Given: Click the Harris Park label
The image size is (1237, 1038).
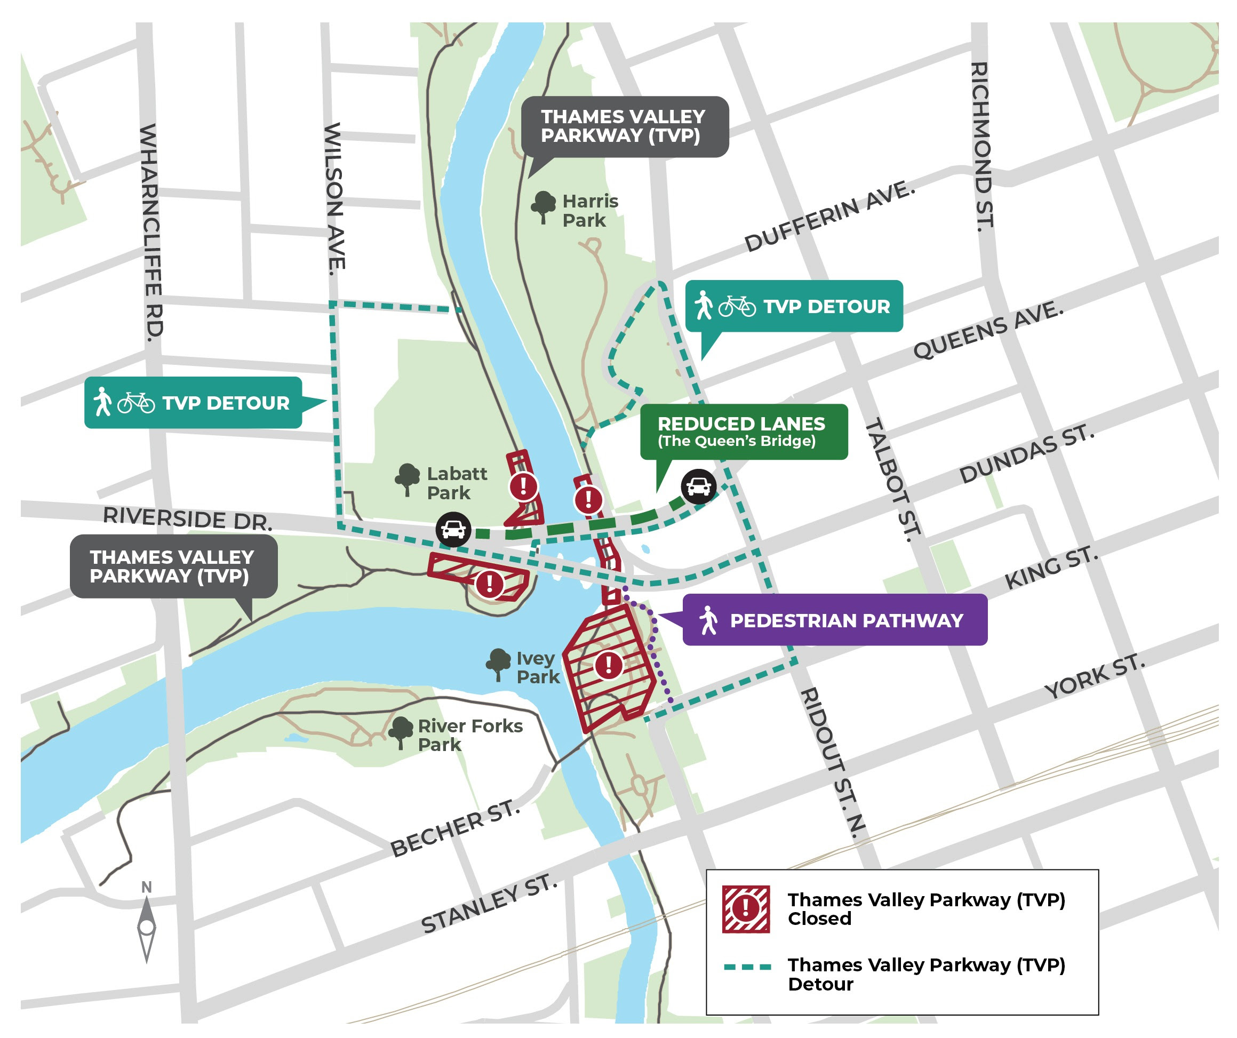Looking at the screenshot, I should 589,210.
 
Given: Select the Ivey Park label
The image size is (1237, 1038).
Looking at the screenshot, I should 537,667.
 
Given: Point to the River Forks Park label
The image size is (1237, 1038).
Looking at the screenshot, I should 469,734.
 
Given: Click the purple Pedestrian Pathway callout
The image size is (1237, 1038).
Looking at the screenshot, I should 834,620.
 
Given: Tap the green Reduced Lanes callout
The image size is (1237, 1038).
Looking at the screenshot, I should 744,432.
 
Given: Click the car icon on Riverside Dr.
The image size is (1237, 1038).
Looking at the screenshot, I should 453,530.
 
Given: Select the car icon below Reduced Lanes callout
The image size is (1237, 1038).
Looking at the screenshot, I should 699,486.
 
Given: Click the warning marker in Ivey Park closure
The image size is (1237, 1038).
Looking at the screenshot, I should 609,665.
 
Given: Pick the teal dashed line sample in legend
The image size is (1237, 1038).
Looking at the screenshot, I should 747,967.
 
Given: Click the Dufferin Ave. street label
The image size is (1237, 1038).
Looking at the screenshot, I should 829,217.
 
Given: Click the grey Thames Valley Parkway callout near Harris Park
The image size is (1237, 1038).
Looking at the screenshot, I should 625,126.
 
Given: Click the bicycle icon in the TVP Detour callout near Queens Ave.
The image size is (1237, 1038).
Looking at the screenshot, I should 736,306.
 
